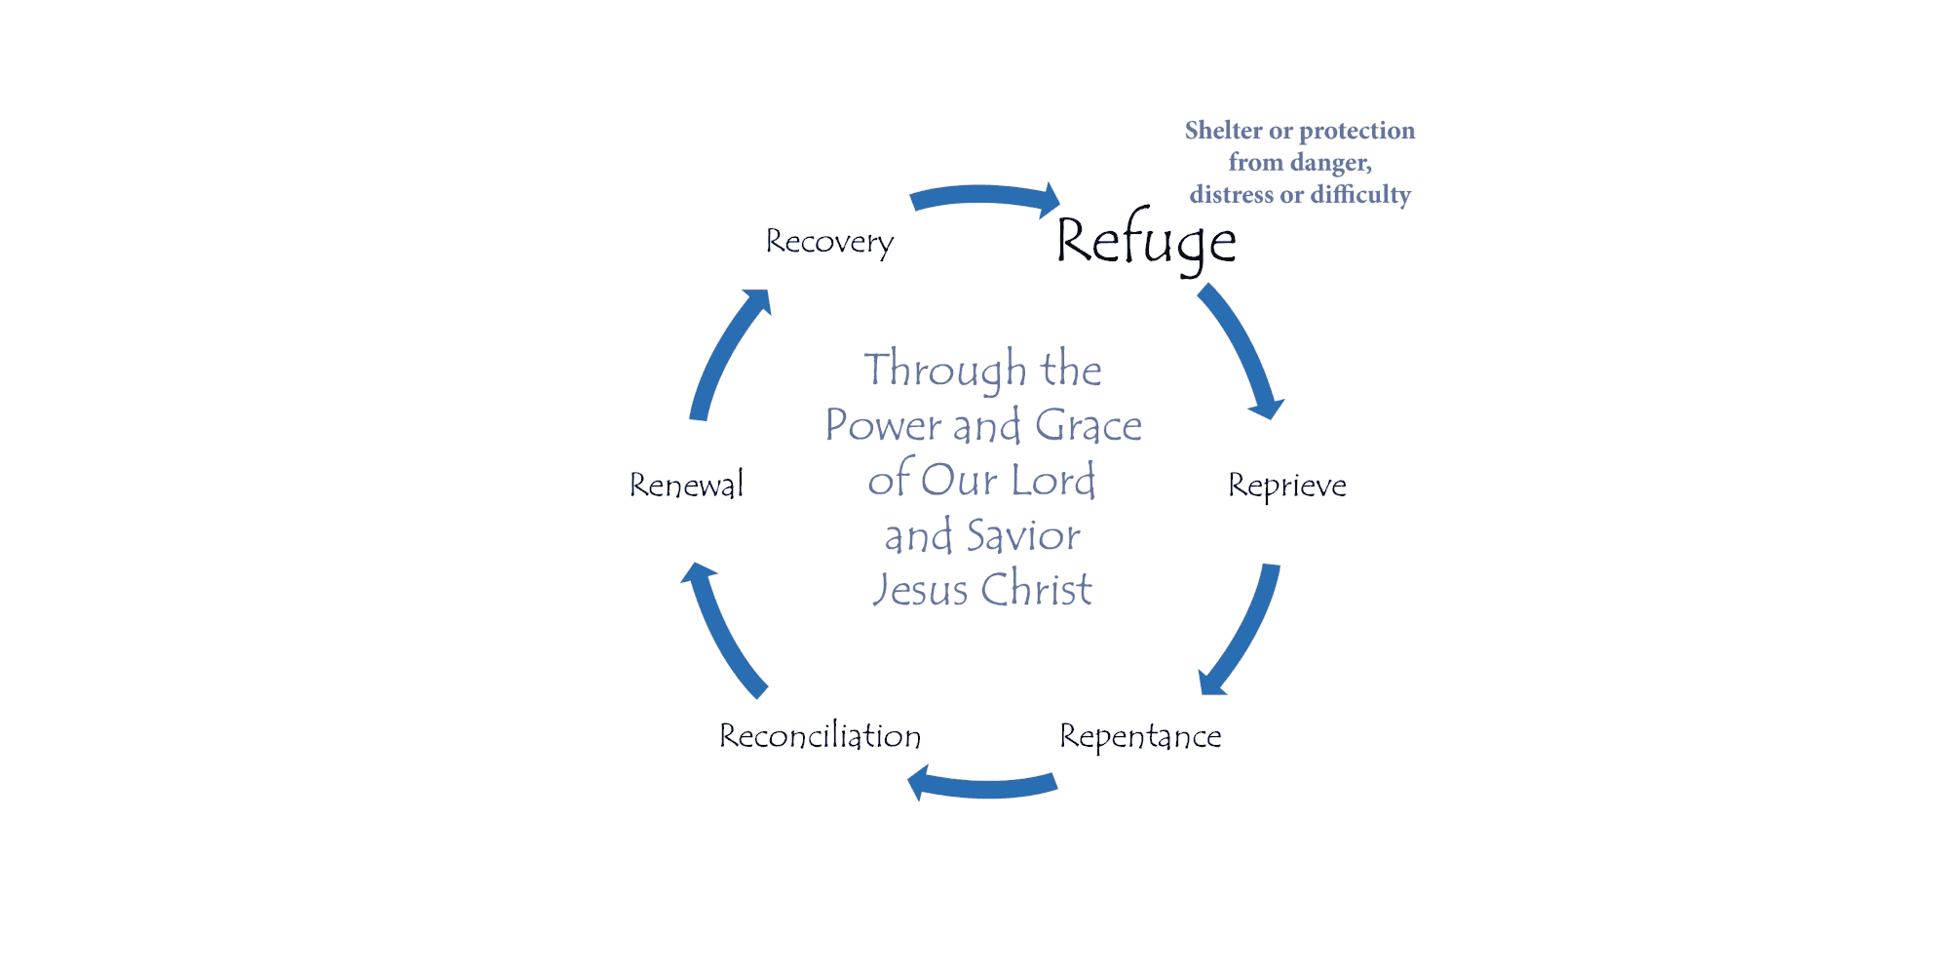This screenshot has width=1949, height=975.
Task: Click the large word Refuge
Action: pyautogui.click(x=1146, y=241)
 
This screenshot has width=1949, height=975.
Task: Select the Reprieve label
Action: pyautogui.click(x=1286, y=485)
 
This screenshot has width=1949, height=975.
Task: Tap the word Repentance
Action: pyautogui.click(x=1140, y=736)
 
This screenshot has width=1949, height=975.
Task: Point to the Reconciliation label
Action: pyautogui.click(x=820, y=736)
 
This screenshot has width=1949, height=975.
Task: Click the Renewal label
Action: pyautogui.click(x=686, y=485)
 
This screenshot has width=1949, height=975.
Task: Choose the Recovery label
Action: pyautogui.click(x=829, y=242)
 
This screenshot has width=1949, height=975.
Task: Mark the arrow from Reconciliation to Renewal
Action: pyautogui.click(x=722, y=630)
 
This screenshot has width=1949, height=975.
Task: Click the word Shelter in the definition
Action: pyautogui.click(x=1223, y=131)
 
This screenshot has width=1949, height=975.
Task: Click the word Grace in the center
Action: pyautogui.click(x=1088, y=426)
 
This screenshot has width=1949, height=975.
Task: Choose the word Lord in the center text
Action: pyautogui.click(x=1052, y=481)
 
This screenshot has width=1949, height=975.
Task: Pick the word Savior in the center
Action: pyautogui.click(x=1023, y=536)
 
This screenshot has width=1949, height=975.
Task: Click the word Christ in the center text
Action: pyautogui.click(x=1036, y=590)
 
